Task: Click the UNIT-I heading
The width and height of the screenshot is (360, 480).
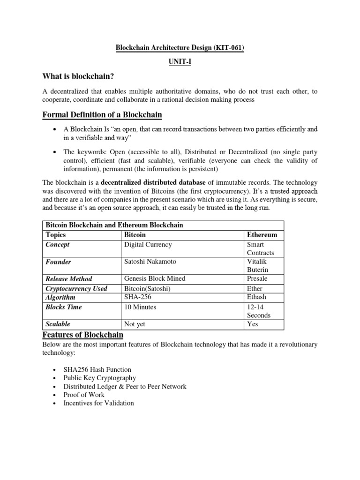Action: [x=180, y=62]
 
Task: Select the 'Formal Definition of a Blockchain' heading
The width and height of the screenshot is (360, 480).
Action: [x=102, y=114]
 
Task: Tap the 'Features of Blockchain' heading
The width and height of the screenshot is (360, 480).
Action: [x=82, y=335]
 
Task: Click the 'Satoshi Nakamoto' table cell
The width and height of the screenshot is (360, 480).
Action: [x=150, y=262]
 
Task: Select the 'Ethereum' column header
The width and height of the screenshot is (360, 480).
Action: [x=262, y=234]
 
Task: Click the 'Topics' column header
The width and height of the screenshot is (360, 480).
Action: [x=56, y=234]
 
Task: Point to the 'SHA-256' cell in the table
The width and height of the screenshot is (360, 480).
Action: [x=137, y=297]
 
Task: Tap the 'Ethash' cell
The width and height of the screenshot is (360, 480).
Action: [x=258, y=297]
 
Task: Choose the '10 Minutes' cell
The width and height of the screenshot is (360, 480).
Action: [x=140, y=307]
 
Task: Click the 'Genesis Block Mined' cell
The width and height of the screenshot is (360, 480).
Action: [x=154, y=278]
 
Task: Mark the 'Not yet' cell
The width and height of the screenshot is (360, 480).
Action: [x=135, y=324]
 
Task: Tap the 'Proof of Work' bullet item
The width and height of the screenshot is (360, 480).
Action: [x=84, y=395]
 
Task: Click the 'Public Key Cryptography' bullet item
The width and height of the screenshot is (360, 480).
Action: [x=99, y=378]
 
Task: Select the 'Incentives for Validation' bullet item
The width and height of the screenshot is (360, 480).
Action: [x=98, y=403]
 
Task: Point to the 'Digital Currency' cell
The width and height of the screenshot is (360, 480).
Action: [x=148, y=244]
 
